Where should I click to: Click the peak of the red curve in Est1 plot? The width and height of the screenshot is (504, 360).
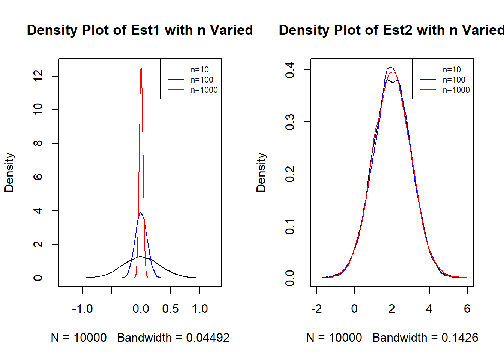[141, 68]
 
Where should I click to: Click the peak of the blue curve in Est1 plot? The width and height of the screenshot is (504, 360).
[141, 213]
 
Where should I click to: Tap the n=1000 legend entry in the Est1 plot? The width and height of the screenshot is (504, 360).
[204, 90]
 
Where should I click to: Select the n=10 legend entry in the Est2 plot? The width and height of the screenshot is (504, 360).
[451, 69]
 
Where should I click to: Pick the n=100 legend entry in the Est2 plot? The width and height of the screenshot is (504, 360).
[454, 79]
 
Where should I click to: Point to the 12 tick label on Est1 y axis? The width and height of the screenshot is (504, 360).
[38, 76]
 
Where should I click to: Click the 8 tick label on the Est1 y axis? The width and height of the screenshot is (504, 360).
[38, 143]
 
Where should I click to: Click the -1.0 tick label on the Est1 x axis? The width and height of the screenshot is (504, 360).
[82, 309]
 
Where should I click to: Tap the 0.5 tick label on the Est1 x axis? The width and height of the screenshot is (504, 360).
[170, 309]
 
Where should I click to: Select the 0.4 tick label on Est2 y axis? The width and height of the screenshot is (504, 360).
[290, 70]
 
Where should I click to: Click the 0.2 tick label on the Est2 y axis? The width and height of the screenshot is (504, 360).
[290, 174]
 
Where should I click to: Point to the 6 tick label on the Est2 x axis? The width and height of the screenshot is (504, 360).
[467, 309]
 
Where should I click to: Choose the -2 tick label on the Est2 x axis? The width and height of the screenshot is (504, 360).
[316, 309]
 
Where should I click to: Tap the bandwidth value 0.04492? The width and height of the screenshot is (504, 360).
[208, 337]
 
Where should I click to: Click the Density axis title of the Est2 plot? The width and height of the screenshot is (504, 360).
[261, 172]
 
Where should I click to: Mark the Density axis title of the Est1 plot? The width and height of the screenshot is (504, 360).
[9, 172]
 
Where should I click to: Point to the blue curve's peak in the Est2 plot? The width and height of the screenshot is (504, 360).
[390, 67]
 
